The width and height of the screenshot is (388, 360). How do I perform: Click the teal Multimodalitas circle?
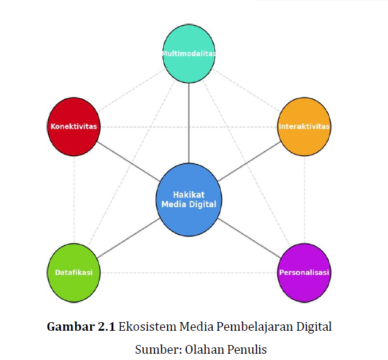click(x=189, y=53)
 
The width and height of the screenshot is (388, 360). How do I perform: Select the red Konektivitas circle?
click(x=74, y=126)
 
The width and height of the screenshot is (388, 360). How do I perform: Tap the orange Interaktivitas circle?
click(x=304, y=126)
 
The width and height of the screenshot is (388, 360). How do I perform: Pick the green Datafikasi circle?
click(x=74, y=273)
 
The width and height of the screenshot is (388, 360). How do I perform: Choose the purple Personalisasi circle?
click(x=304, y=273)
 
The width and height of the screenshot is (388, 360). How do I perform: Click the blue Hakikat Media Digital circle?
click(x=189, y=200)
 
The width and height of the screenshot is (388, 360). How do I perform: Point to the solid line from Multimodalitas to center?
click(x=189, y=123)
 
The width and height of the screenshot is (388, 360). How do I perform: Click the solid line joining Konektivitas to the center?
click(x=128, y=161)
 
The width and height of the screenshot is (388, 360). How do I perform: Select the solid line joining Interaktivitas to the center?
click(x=249, y=161)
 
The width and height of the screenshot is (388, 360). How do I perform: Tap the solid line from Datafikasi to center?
click(x=128, y=238)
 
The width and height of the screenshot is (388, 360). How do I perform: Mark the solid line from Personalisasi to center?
click(x=249, y=238)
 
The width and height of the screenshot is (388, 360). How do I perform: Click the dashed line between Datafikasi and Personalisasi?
click(x=189, y=273)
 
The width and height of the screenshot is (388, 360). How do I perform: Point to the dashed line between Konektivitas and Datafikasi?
click(x=74, y=200)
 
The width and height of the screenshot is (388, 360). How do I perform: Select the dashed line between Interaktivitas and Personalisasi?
click(x=304, y=200)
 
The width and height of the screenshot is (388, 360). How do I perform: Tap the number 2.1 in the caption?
click(x=106, y=327)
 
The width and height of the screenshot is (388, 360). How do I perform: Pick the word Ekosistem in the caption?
click(x=148, y=327)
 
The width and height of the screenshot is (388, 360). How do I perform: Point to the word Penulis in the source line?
click(x=247, y=350)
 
